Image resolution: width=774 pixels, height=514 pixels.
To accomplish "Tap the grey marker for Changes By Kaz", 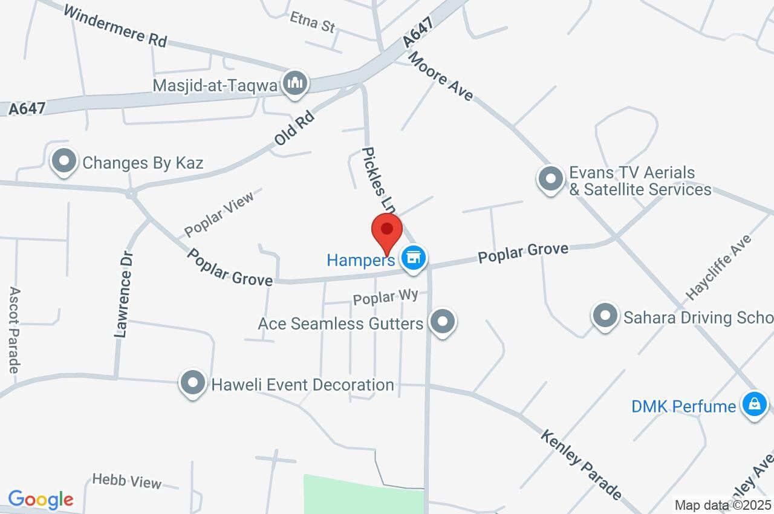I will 64,161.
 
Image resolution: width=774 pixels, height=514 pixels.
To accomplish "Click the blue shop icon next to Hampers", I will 414,258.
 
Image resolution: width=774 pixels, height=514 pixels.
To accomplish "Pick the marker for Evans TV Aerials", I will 550,179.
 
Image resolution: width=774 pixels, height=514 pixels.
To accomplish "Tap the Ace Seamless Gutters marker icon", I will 443,322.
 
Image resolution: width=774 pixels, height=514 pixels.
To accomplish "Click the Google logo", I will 41,499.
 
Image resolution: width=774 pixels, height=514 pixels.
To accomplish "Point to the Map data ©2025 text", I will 723,505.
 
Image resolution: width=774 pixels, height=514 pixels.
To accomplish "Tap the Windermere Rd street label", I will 114,26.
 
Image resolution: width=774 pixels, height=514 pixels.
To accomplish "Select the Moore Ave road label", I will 441,76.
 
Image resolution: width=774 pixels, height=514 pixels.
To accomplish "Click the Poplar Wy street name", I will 386,297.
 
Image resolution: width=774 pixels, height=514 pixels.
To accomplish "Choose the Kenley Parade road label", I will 581,464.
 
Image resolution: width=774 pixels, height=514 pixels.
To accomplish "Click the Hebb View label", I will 127,482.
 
